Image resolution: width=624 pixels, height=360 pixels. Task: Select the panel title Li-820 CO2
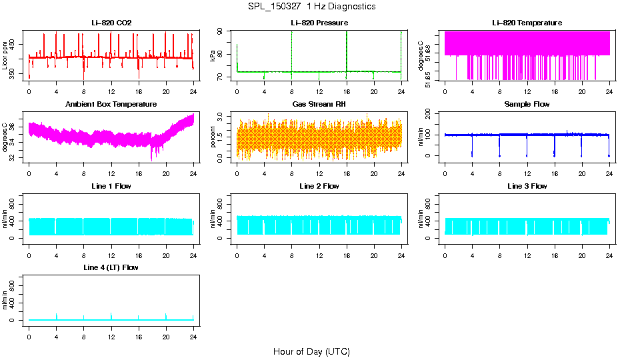111,23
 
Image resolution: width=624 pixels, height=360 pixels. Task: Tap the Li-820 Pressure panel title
319,23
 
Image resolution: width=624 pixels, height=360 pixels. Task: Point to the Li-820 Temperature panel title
527,23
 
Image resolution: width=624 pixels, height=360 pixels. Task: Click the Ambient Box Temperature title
111,105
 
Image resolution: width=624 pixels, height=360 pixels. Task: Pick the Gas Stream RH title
319,105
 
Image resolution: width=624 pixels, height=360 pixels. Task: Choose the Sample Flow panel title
527,105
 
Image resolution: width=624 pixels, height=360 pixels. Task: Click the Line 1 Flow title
111,186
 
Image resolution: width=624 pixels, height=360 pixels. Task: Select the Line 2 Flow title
319,186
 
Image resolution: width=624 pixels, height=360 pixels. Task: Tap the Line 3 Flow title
527,186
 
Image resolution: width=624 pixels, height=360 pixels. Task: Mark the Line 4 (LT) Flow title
111,268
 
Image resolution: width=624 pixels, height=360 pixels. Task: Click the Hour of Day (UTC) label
311,351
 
